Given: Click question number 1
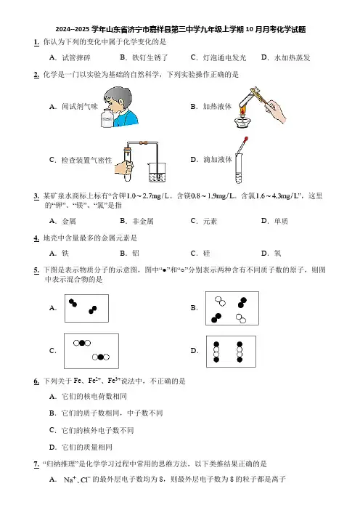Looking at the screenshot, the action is pyautogui.click(x=36, y=42).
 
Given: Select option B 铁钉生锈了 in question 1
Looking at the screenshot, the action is pyautogui.click(x=144, y=57).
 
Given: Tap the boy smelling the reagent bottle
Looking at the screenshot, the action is pyautogui.click(x=120, y=106).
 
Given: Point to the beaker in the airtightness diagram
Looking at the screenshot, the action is pyautogui.click(x=157, y=172).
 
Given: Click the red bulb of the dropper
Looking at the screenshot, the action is pyautogui.click(x=246, y=139).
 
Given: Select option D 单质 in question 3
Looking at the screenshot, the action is pyautogui.click(x=274, y=221).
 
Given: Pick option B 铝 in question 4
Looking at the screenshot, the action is pyautogui.click(x=130, y=253).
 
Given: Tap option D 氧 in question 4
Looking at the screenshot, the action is pyautogui.click(x=271, y=253).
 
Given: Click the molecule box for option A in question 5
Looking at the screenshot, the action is pyautogui.click(x=87, y=308).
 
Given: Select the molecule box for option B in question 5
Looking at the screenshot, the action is pyautogui.click(x=232, y=308).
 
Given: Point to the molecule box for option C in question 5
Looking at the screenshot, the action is pyautogui.click(x=91, y=351).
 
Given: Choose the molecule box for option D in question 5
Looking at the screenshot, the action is pyautogui.click(x=231, y=352).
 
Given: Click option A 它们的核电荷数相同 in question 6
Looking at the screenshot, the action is pyautogui.click(x=88, y=396).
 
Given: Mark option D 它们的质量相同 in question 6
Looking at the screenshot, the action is pyautogui.click(x=81, y=448).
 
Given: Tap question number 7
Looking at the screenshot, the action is pyautogui.click(x=36, y=464).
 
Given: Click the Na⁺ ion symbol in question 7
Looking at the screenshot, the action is pyautogui.click(x=70, y=479).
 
